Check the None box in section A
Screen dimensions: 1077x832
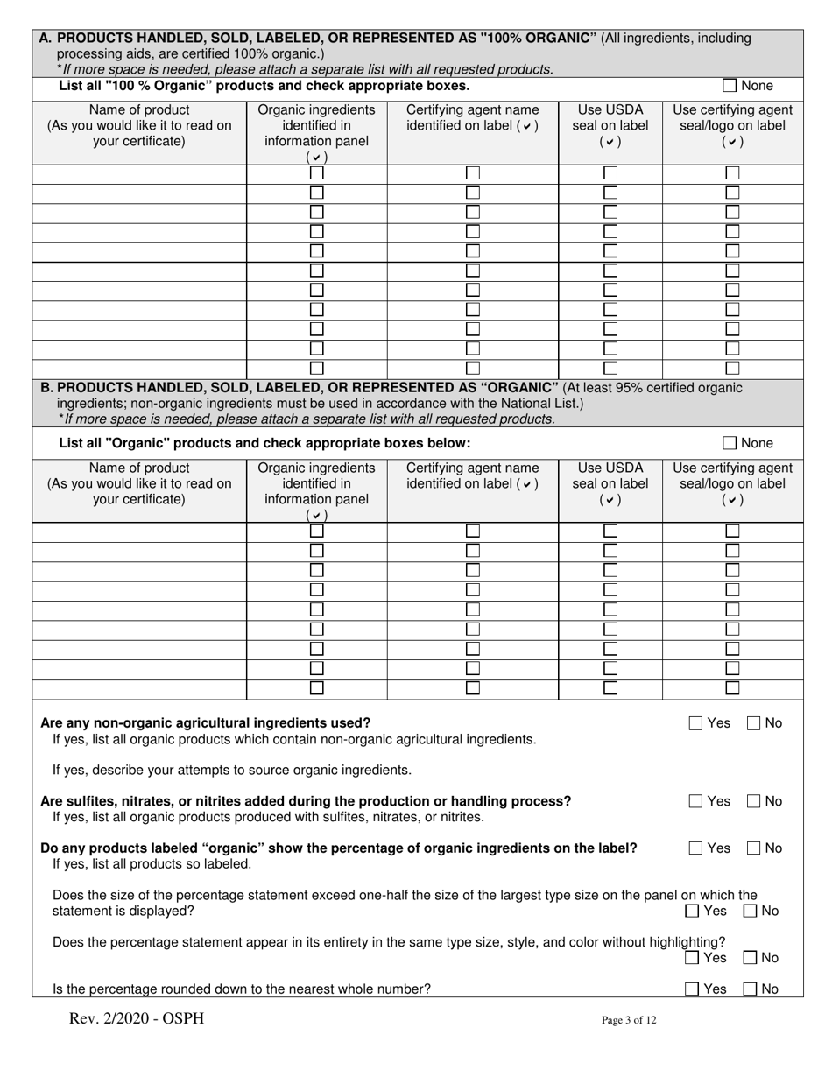point(730,86)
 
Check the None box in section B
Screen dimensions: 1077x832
point(730,443)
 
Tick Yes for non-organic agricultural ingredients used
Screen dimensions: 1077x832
point(695,723)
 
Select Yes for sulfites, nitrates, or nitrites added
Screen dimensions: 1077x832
point(695,801)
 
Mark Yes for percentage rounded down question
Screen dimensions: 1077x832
point(692,989)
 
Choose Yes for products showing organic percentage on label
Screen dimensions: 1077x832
point(695,848)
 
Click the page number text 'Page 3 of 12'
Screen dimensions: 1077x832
point(628,1020)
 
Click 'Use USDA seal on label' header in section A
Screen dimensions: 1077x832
point(610,125)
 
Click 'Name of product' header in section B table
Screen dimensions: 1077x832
point(139,468)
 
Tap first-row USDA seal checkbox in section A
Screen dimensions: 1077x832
point(610,172)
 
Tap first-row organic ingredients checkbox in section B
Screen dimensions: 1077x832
point(317,531)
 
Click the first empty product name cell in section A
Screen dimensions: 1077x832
point(139,172)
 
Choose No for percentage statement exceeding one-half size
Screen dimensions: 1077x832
point(751,912)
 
